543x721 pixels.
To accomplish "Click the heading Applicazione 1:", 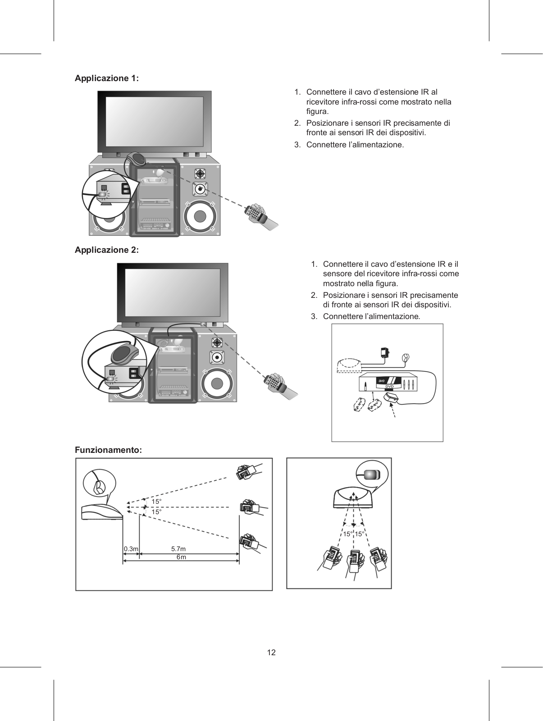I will coord(107,78).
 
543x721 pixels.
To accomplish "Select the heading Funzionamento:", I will coord(109,450).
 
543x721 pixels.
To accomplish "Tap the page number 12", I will coord(271,652).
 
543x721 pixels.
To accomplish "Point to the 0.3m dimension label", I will coord(131,549).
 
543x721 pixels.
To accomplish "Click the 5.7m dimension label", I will coord(178,549).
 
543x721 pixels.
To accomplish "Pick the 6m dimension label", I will coord(181,557).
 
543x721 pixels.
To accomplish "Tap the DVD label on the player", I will coord(390,386).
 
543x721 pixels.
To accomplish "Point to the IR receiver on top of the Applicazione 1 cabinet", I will coord(137,159).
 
